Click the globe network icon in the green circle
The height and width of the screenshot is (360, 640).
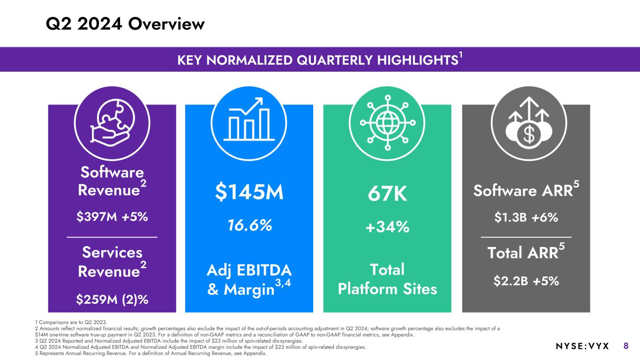coord(387,121)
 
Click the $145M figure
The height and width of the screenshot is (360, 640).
coord(249,192)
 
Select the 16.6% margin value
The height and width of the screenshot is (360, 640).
coord(249,225)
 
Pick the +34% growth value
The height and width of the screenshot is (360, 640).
coord(387,227)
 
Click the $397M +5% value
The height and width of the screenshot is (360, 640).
coord(112,217)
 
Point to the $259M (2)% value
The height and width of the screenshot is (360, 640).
coord(112,299)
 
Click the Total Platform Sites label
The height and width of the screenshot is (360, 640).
coord(387,279)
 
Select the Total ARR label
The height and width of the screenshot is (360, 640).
coord(523,254)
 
